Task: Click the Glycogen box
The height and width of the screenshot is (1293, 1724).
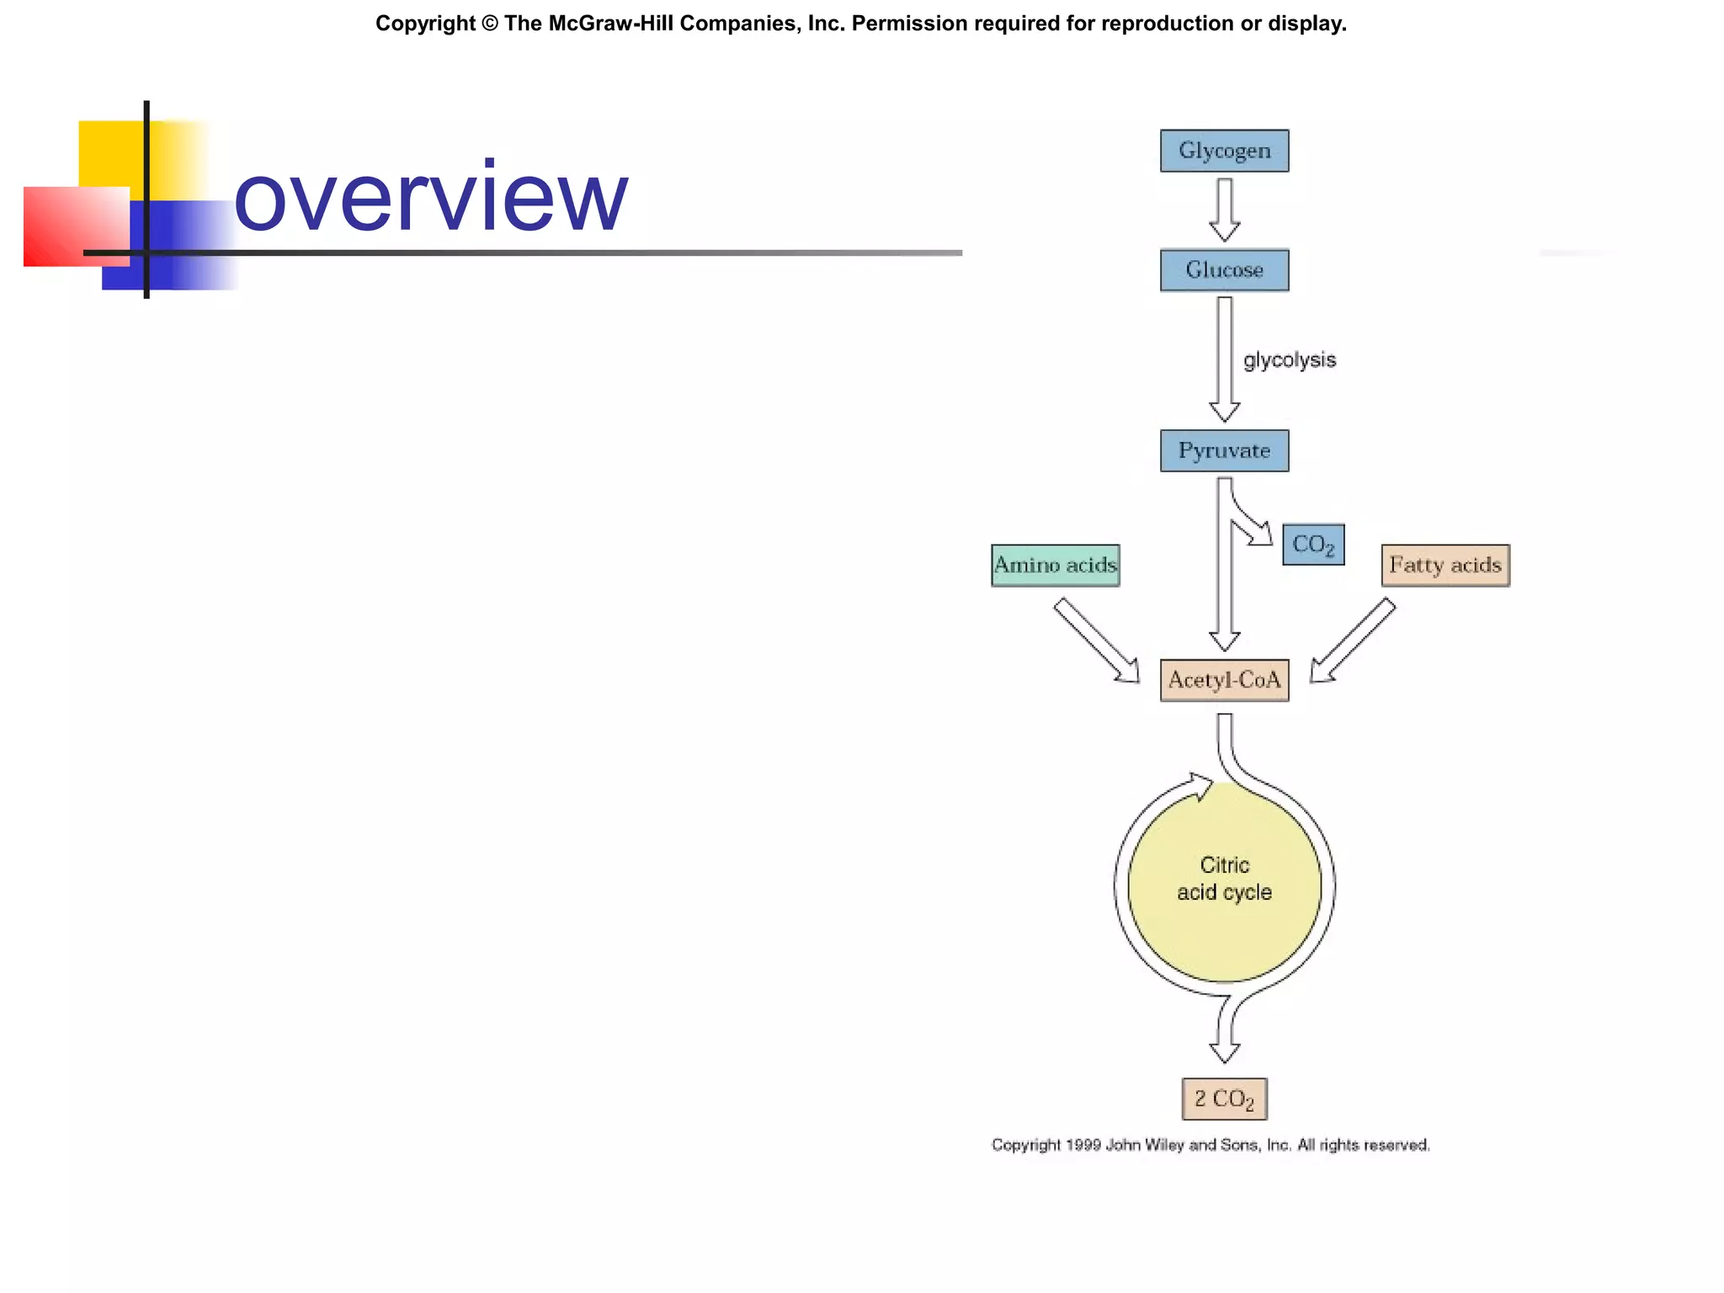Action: (1224, 151)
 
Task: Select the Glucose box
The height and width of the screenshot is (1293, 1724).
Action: (1224, 270)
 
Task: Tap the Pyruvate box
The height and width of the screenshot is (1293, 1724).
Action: (1224, 450)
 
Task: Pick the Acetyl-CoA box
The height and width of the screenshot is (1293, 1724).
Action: (1224, 680)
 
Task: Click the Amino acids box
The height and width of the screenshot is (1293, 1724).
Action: (1055, 565)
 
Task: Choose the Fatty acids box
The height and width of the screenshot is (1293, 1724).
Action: (1445, 565)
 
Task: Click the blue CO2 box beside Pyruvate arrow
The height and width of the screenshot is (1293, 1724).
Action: (1312, 545)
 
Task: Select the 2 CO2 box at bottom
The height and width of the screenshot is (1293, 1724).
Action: (1224, 1099)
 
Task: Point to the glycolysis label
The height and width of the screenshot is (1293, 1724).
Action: (1289, 360)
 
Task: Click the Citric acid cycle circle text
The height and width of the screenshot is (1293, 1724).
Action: (1224, 879)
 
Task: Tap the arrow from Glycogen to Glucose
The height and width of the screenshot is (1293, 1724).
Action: (1224, 210)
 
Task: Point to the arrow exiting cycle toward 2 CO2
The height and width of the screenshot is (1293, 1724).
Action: (1225, 1031)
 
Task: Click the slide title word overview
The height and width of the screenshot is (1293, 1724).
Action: (430, 198)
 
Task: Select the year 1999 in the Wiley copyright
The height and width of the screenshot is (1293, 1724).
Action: (1083, 1145)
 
